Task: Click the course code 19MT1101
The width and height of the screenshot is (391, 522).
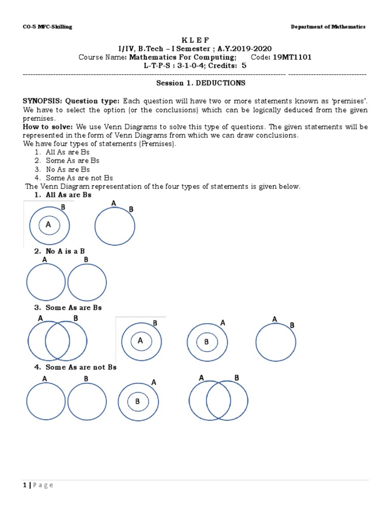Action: pyautogui.click(x=292, y=58)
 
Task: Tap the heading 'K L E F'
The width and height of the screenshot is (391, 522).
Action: pyautogui.click(x=195, y=40)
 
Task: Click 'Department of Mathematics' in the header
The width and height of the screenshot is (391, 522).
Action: pyautogui.click(x=328, y=27)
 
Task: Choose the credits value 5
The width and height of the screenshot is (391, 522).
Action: pyautogui.click(x=243, y=66)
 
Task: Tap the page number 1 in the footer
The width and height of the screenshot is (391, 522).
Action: pyautogui.click(x=24, y=485)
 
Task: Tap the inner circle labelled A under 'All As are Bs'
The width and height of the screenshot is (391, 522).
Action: pyautogui.click(x=49, y=224)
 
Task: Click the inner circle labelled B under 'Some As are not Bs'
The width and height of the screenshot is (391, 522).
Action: pyautogui.click(x=137, y=402)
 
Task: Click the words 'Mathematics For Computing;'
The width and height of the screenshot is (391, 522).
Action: pyautogui.click(x=183, y=58)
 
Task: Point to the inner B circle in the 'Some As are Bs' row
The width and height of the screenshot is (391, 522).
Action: pyautogui.click(x=207, y=342)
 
